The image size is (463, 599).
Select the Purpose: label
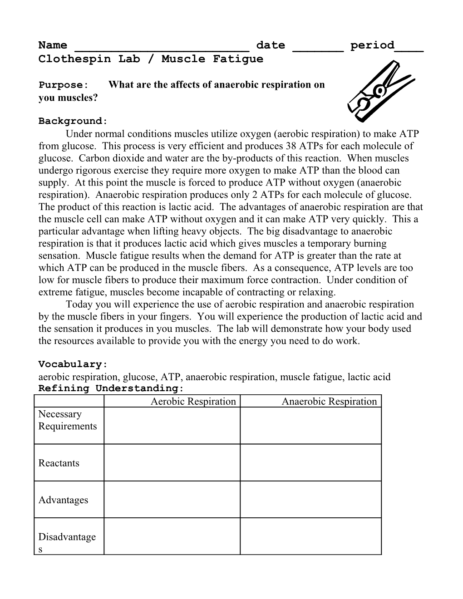(62, 85)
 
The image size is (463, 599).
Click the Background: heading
(73, 121)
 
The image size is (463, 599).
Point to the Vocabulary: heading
(73, 364)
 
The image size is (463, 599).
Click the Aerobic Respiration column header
(193, 401)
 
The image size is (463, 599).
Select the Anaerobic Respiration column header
(329, 401)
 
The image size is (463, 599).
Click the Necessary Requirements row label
(67, 420)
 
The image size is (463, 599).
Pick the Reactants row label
(59, 463)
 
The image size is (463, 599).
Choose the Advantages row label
(63, 500)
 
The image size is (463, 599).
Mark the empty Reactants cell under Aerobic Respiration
(172, 463)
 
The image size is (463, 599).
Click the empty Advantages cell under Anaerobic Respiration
(310, 500)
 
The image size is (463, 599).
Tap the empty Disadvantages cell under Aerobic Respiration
(172, 537)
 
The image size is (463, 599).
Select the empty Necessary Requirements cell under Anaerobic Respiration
(310, 426)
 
